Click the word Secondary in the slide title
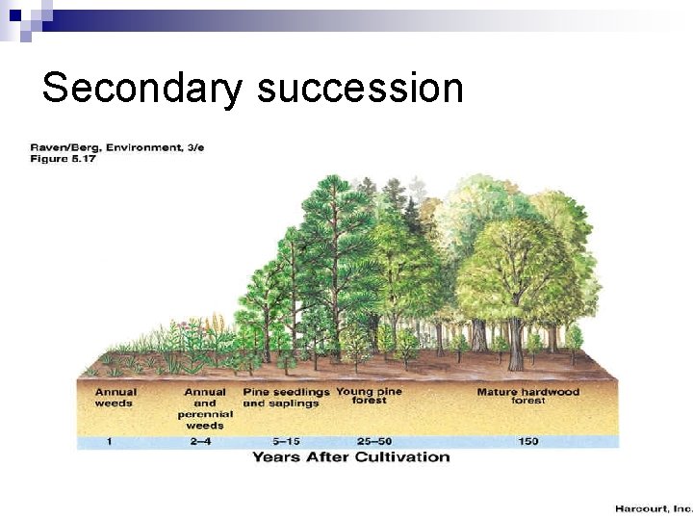click(142, 89)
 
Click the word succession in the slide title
click(360, 89)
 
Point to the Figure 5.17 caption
click(63, 158)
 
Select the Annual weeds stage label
click(115, 398)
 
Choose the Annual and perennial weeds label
click(205, 408)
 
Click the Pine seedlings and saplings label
click(286, 398)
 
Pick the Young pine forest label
click(369, 396)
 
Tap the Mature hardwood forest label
click(528, 396)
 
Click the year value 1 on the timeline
click(110, 441)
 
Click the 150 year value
click(528, 441)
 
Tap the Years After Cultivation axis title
click(350, 456)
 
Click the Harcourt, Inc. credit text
click(654, 507)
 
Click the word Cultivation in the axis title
click(402, 456)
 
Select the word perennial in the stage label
click(205, 414)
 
